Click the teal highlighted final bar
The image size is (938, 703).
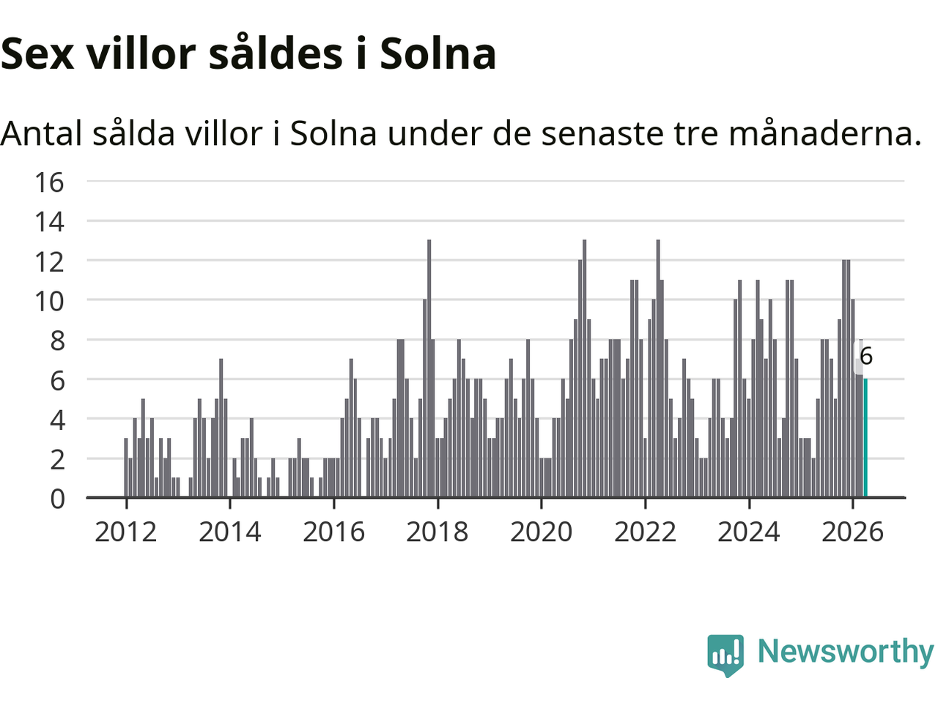coord(865,437)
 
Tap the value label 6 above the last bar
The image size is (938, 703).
coord(865,356)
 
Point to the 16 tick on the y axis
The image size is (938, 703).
coord(49,182)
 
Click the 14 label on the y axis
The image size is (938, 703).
coord(49,222)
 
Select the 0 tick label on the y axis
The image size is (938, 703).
coord(57,499)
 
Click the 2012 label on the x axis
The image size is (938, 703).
coord(125,532)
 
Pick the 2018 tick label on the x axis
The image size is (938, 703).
coord(437,532)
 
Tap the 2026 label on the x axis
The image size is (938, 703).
coord(852,532)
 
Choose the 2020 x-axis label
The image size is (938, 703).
coord(541,532)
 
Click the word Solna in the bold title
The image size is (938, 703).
coord(438,53)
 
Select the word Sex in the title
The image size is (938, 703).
coord(37,54)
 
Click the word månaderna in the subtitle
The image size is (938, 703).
coord(824,133)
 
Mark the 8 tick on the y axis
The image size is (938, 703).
coord(57,341)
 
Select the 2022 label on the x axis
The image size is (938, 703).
coord(645,532)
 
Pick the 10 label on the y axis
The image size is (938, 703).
coord(49,302)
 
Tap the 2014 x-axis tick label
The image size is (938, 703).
coord(230,532)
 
